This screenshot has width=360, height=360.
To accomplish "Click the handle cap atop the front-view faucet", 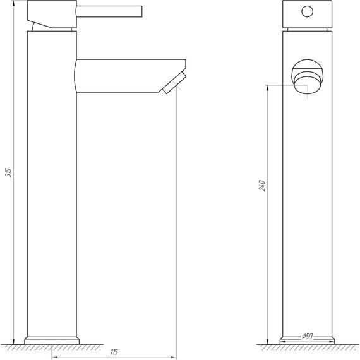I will click(x=308, y=14).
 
